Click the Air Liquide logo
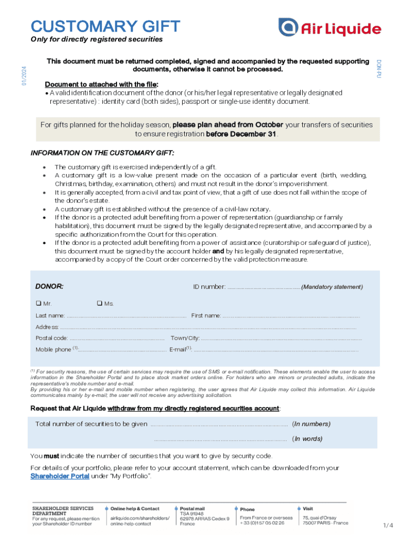329,28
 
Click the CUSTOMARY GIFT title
105,26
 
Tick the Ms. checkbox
98,304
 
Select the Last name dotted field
126,316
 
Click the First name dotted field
291,316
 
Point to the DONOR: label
49,287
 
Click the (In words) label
307,439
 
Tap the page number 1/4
388,525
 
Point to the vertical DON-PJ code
378,69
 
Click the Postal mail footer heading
192,508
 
